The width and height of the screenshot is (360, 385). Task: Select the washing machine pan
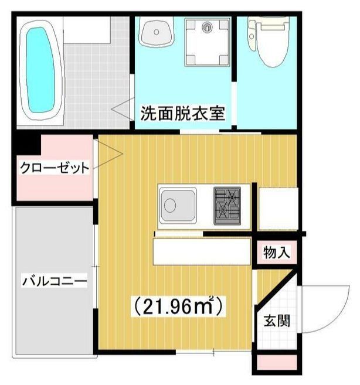pos(208,41)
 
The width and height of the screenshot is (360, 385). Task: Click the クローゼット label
pos(55,169)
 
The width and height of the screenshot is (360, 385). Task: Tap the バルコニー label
pos(54,281)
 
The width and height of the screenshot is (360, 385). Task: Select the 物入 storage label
pos(276,253)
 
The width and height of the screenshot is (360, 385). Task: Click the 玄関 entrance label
pos(276,321)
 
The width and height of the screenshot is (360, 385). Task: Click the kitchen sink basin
pos(176,206)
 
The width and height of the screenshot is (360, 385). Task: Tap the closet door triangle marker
pos(113,154)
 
